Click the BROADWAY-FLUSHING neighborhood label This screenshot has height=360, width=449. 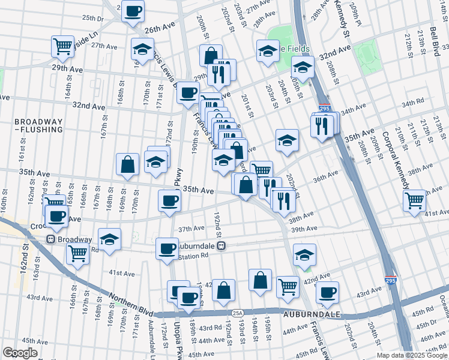38,125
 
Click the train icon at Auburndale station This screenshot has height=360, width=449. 221,245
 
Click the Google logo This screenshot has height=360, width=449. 20,353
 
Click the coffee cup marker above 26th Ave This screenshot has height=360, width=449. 133,10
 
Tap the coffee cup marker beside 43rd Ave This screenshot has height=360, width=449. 327,292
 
